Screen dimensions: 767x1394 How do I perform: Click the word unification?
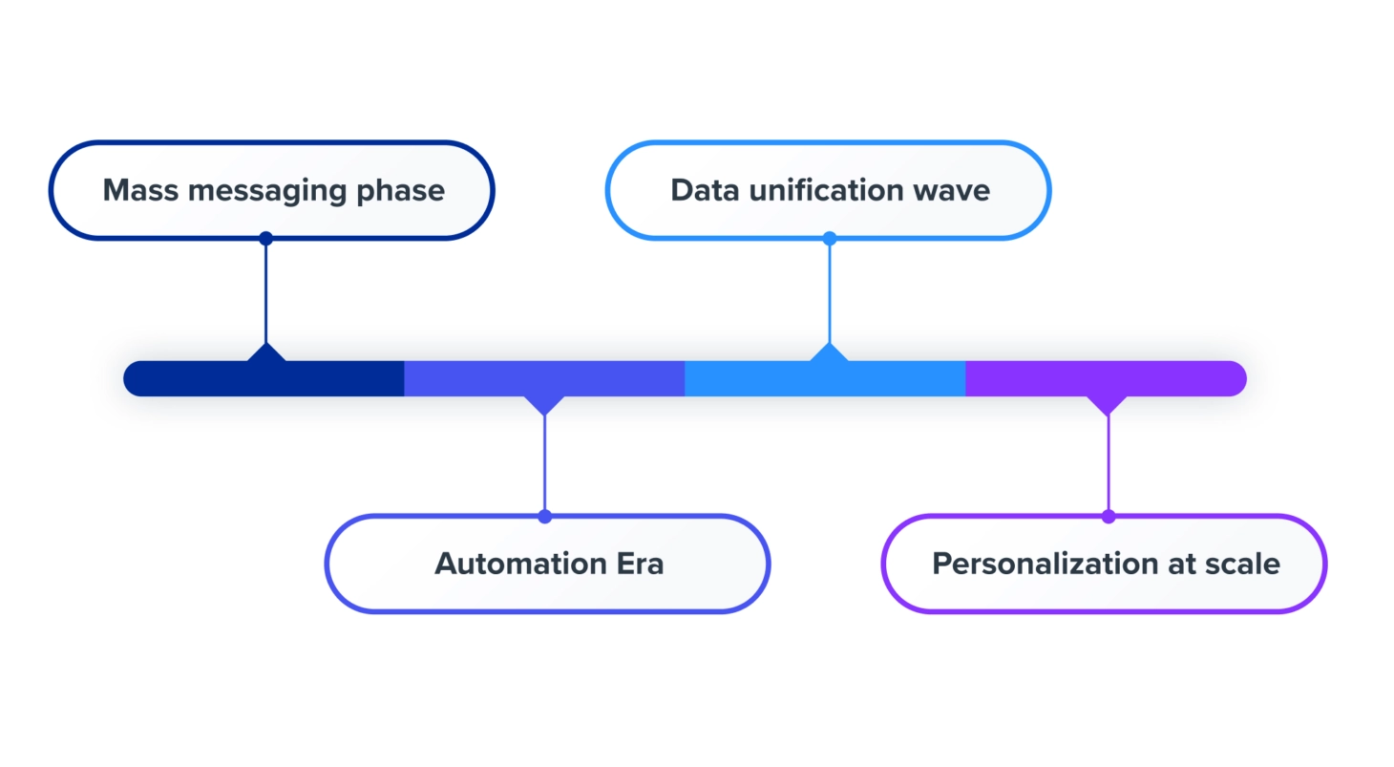pyautogui.click(x=832, y=190)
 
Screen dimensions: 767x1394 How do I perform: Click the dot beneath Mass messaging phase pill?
pyautogui.click(x=265, y=238)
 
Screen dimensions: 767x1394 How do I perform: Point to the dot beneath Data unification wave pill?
pyautogui.click(x=830, y=238)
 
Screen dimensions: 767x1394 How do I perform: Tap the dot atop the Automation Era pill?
pyautogui.click(x=544, y=517)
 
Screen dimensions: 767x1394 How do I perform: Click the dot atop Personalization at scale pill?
pyautogui.click(x=1109, y=517)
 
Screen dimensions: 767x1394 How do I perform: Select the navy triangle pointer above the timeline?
pyautogui.click(x=266, y=352)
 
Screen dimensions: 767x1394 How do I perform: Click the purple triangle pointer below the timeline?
pyautogui.click(x=1108, y=405)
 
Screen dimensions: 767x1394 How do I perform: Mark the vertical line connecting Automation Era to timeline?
pyautogui.click(x=544, y=463)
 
